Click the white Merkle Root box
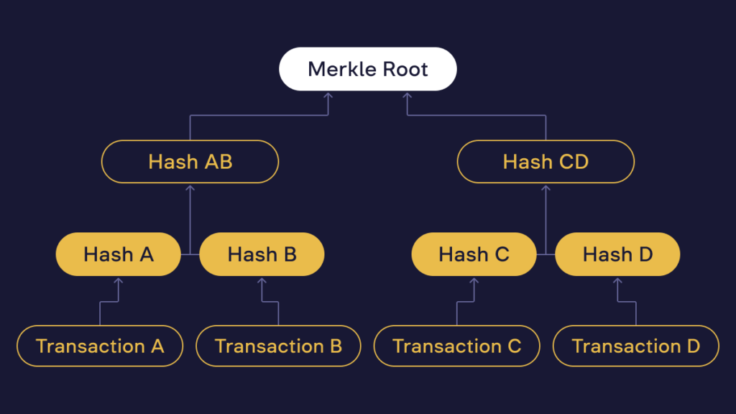[x=367, y=69]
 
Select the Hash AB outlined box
[x=190, y=161]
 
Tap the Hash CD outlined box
[x=546, y=161]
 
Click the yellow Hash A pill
[x=118, y=254]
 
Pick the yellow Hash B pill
[x=262, y=254]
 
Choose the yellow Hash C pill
[x=474, y=254]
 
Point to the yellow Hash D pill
[x=617, y=254]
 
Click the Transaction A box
[x=100, y=346]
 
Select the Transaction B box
[x=278, y=346]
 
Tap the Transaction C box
[x=456, y=346]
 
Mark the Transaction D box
[x=635, y=346]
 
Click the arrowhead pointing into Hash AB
[x=190, y=188]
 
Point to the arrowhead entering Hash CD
[x=546, y=188]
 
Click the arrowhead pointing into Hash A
[x=118, y=280]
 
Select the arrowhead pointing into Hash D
[x=617, y=280]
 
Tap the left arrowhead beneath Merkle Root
[x=328, y=95]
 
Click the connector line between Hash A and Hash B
[x=190, y=254]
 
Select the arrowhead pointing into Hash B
[x=262, y=280]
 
